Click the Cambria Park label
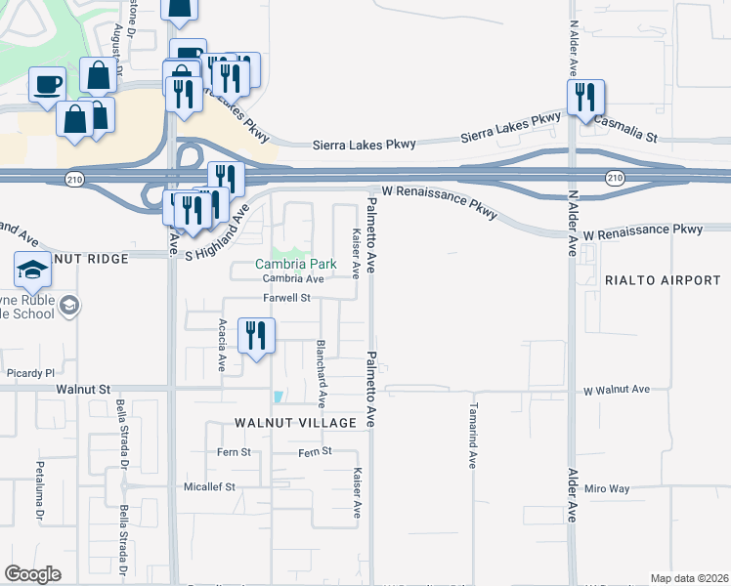[295, 264]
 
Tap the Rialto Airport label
[663, 280]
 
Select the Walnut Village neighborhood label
[294, 422]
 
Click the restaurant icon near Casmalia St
[585, 99]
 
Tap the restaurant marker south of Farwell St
[256, 336]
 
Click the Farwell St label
[285, 298]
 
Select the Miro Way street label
[604, 488]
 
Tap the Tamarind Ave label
[471, 435]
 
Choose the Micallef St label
[210, 486]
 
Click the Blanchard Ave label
[320, 373]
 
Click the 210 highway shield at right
[614, 178]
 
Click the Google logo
[34, 574]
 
